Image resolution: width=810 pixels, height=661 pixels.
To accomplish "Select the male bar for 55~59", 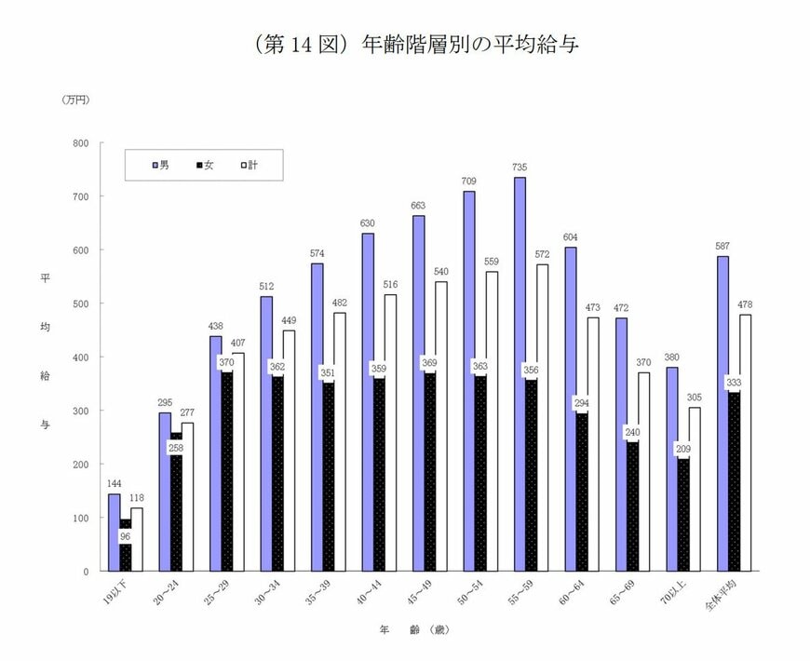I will coord(519,372).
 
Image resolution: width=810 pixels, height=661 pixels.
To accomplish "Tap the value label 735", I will coord(519,168).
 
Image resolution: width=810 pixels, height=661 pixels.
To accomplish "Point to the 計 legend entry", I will coord(250,165).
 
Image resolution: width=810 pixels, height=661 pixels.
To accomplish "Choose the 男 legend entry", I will coord(161,165).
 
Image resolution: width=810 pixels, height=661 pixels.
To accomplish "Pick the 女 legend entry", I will coord(205,165).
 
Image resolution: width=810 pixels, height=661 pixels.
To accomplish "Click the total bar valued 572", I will coord(542,419).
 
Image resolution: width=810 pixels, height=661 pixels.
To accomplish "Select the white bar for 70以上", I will coord(694,489).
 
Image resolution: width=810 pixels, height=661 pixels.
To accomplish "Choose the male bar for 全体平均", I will coord(722,414).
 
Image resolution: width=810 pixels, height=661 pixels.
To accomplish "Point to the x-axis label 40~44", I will coord(371,593).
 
